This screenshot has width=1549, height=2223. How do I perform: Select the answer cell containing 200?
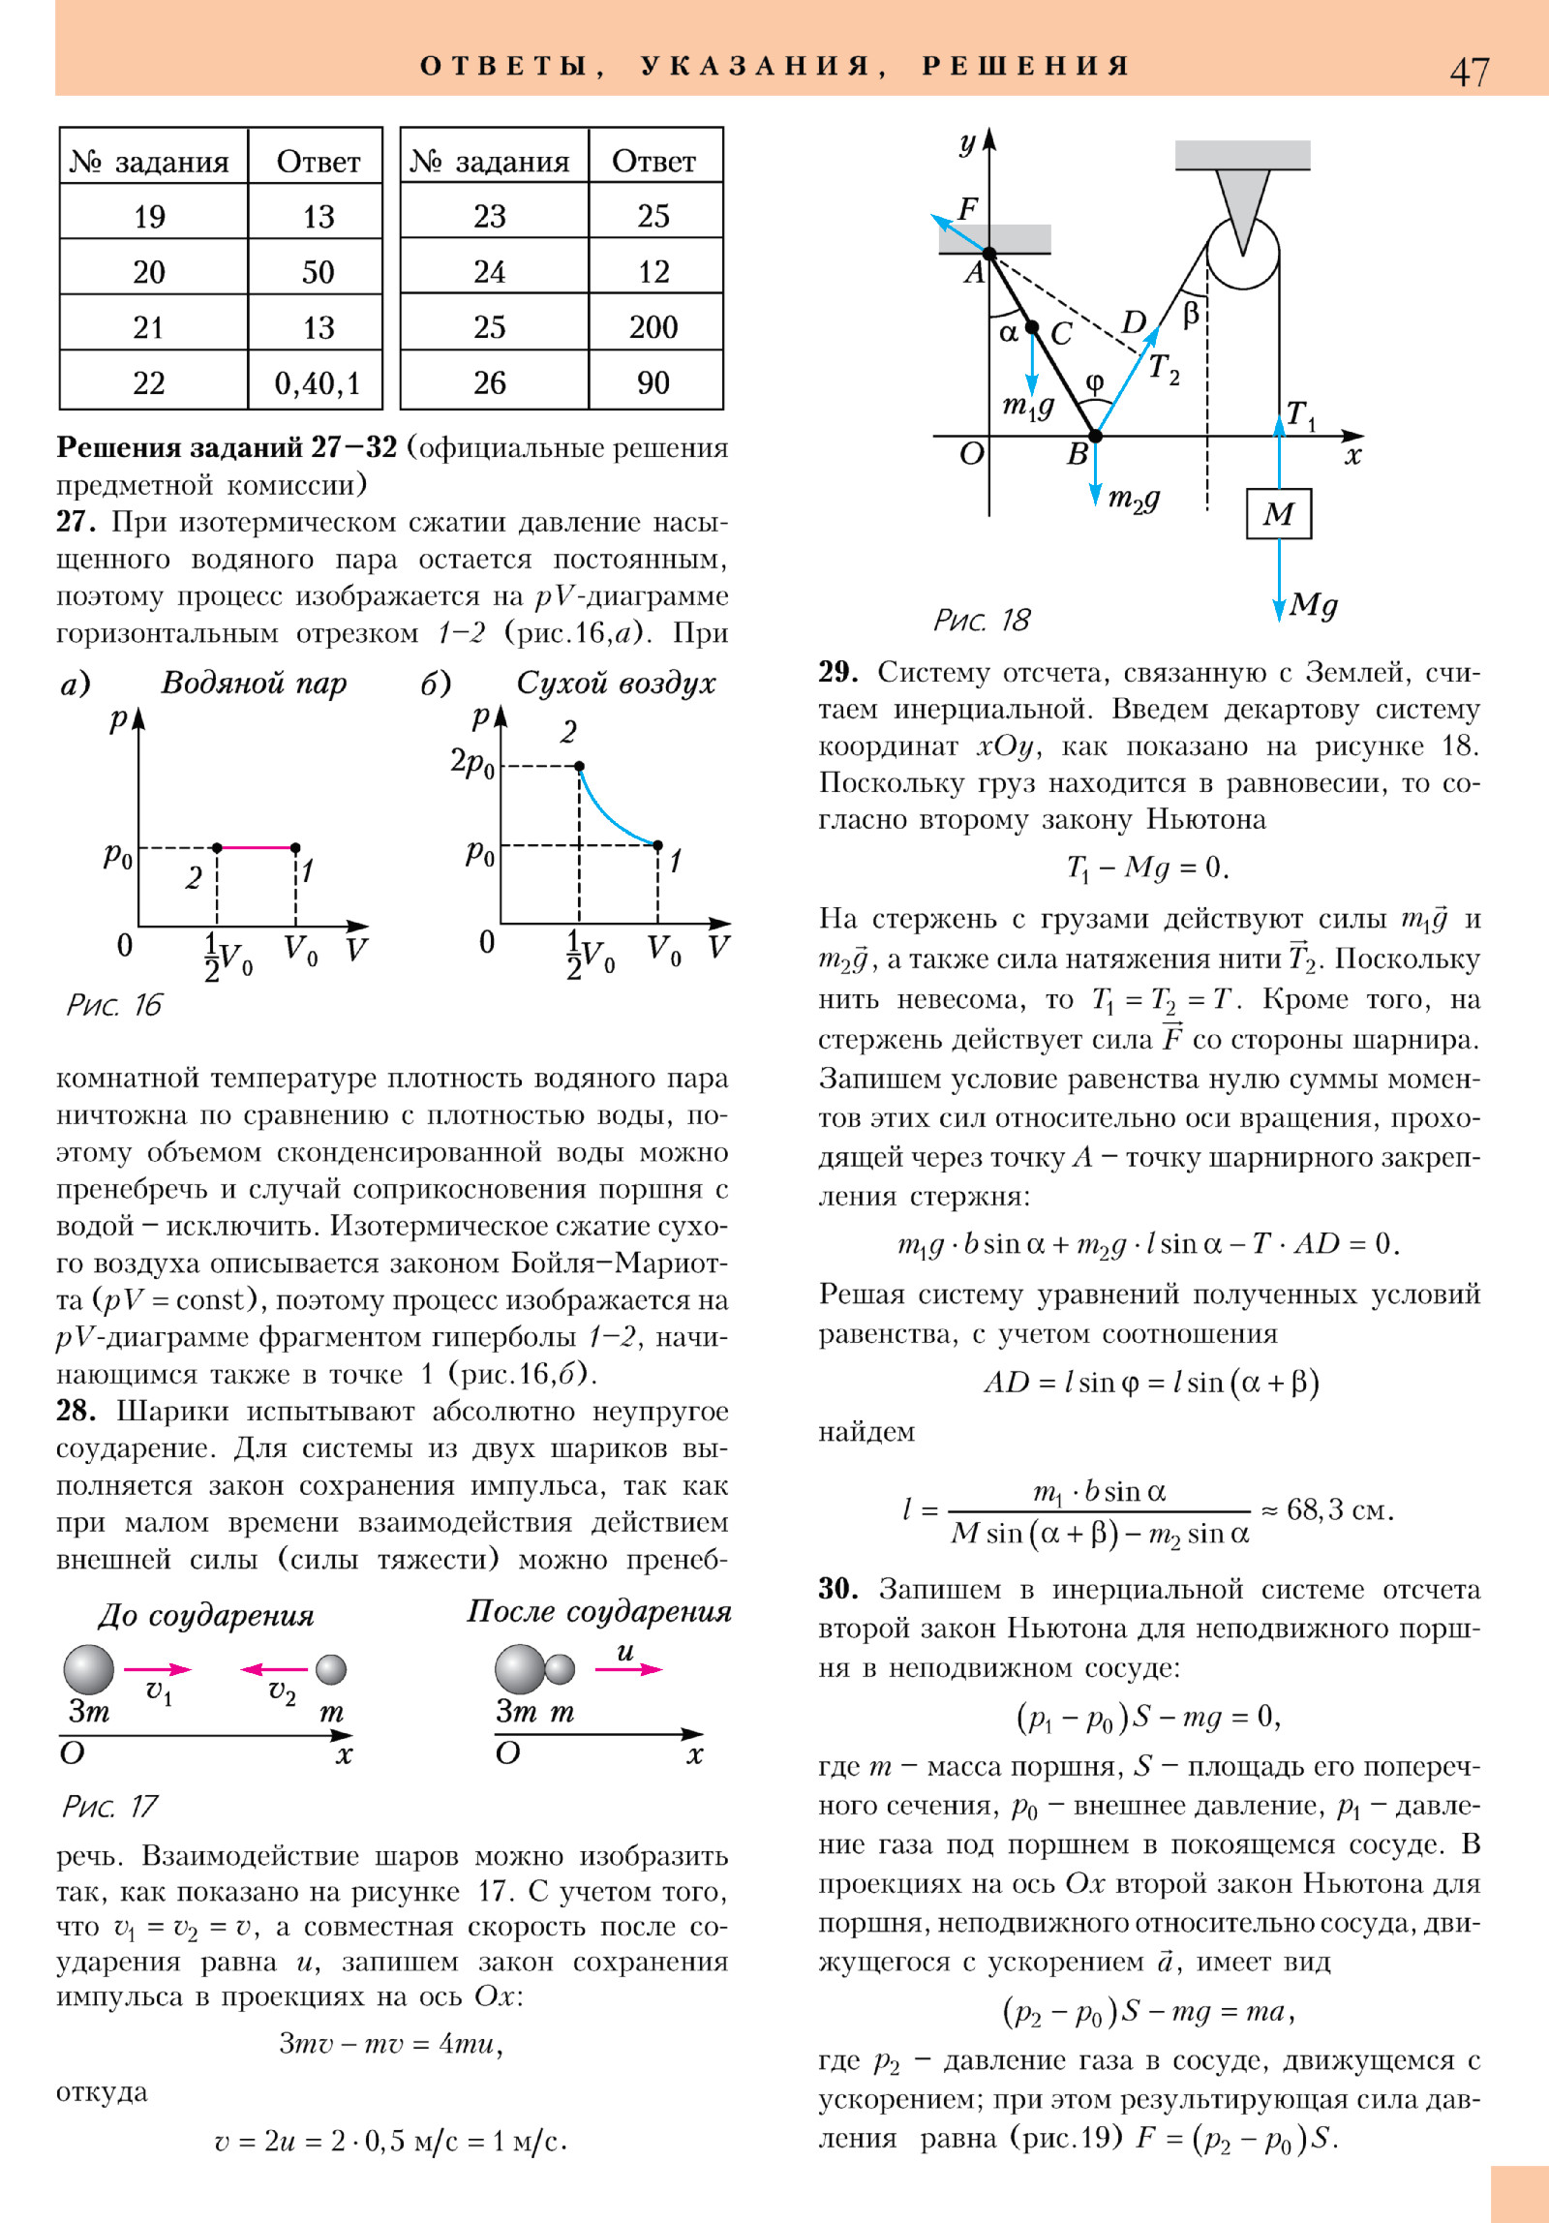[653, 327]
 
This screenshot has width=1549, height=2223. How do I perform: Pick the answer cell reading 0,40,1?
[317, 383]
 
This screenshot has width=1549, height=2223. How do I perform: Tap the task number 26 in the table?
[489, 383]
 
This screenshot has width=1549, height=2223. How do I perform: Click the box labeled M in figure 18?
[1279, 513]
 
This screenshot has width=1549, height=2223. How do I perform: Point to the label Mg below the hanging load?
[1314, 605]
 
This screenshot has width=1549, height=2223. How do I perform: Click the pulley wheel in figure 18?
[1242, 254]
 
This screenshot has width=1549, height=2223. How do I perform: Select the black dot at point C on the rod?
[1032, 327]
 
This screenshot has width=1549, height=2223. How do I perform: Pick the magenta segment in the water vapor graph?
[257, 847]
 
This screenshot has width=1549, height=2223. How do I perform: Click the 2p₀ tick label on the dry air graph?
[472, 763]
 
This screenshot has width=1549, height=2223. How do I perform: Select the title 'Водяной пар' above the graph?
[254, 683]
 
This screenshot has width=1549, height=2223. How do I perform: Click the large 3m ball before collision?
[89, 1669]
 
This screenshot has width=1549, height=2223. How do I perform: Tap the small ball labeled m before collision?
[331, 1669]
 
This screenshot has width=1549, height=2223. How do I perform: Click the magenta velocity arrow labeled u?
[628, 1669]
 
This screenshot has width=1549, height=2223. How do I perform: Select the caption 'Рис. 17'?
[109, 1806]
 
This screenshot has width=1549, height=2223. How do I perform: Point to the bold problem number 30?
[838, 1589]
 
